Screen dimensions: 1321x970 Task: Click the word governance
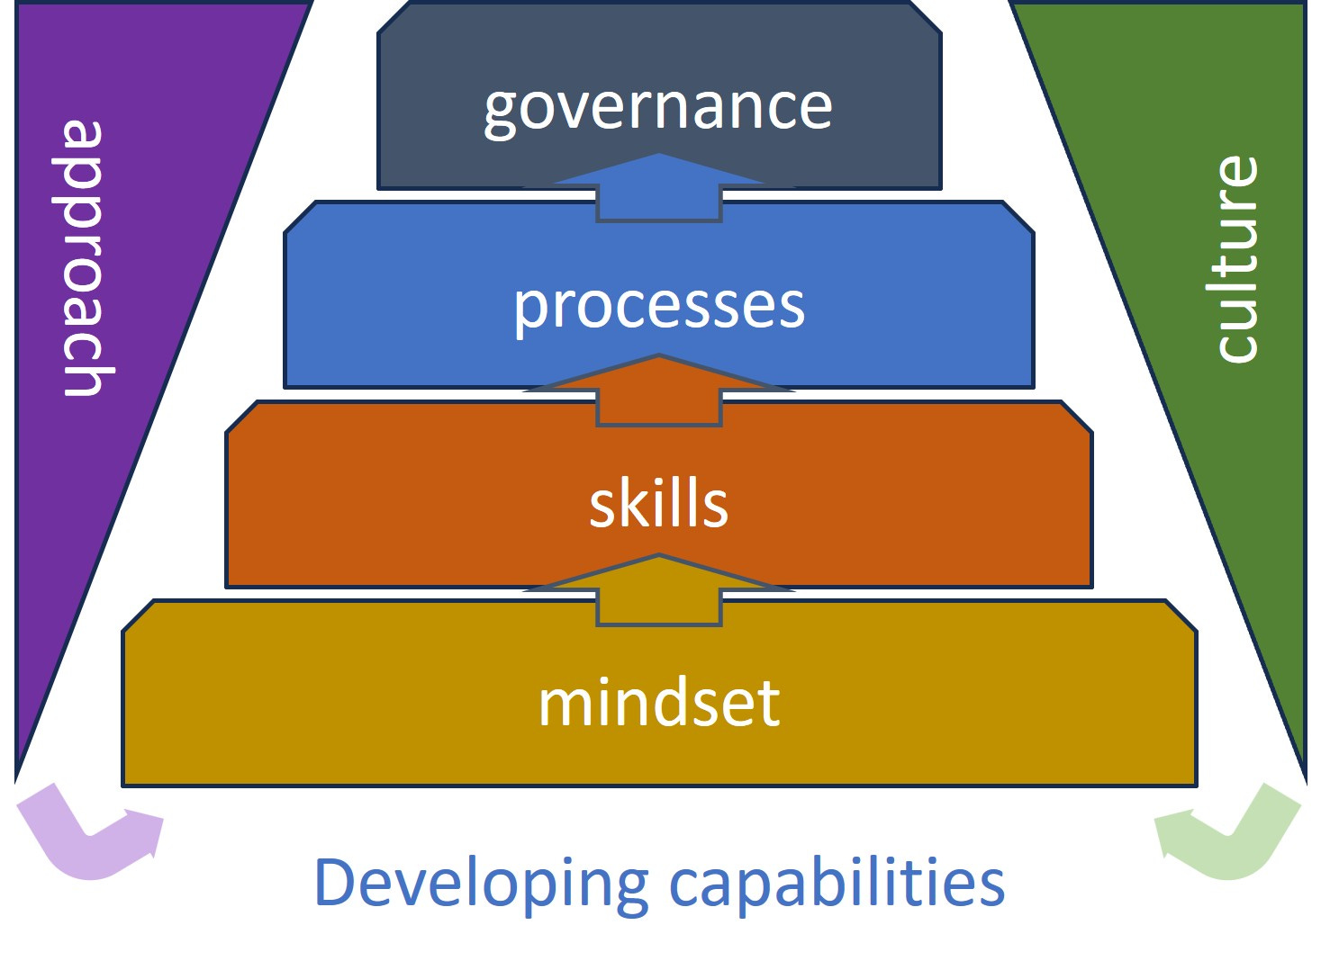(657, 108)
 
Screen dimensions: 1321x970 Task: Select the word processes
(658, 307)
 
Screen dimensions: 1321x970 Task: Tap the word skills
(658, 505)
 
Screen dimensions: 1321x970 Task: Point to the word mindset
(658, 703)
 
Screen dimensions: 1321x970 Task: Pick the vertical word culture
(1235, 259)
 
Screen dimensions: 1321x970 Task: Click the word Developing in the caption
(480, 884)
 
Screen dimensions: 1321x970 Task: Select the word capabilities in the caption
(837, 884)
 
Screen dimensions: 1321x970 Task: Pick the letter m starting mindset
(560, 705)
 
